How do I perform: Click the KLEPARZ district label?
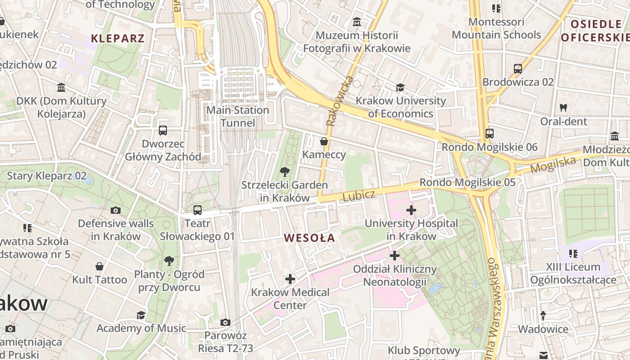coord(118,38)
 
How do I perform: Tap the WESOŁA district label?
coord(310,238)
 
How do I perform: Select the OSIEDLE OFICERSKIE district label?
coord(595,31)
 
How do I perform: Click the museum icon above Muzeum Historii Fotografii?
coord(357,22)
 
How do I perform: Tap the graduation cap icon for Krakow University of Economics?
coord(400,87)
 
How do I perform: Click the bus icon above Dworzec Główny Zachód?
coord(163,130)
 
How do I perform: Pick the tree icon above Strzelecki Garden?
coord(284,171)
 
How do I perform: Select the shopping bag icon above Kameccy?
coord(324,141)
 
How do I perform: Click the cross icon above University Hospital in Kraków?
coord(411,210)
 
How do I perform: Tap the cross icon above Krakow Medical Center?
coord(290,279)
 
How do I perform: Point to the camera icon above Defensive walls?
coord(116,210)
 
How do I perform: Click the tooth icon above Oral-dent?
coord(563,108)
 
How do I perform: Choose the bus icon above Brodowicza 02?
coord(518,69)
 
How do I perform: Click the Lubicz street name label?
coord(359,196)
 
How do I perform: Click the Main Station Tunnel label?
coord(238,116)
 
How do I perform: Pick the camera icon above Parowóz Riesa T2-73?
coord(225,322)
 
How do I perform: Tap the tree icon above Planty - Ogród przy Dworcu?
coord(169,261)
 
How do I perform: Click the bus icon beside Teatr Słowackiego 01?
coord(197,210)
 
